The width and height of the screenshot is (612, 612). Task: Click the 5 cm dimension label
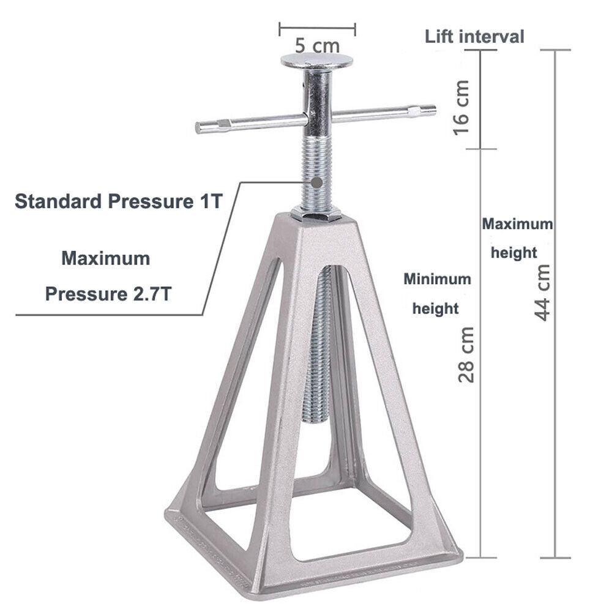pos(317,46)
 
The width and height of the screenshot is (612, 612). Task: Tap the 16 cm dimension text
pos(461,107)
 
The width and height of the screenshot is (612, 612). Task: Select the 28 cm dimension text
pos(466,354)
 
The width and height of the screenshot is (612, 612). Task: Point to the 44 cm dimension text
pos(542,293)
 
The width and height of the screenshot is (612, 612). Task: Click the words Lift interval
pos(474,37)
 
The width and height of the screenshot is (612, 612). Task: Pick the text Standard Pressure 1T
pos(119,201)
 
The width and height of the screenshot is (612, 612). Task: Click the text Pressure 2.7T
pos(108,294)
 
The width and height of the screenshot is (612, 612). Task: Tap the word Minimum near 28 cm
pos(437,279)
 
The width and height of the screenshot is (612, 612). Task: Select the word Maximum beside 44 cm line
pos(517,223)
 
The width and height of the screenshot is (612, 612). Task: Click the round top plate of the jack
pos(316,61)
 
